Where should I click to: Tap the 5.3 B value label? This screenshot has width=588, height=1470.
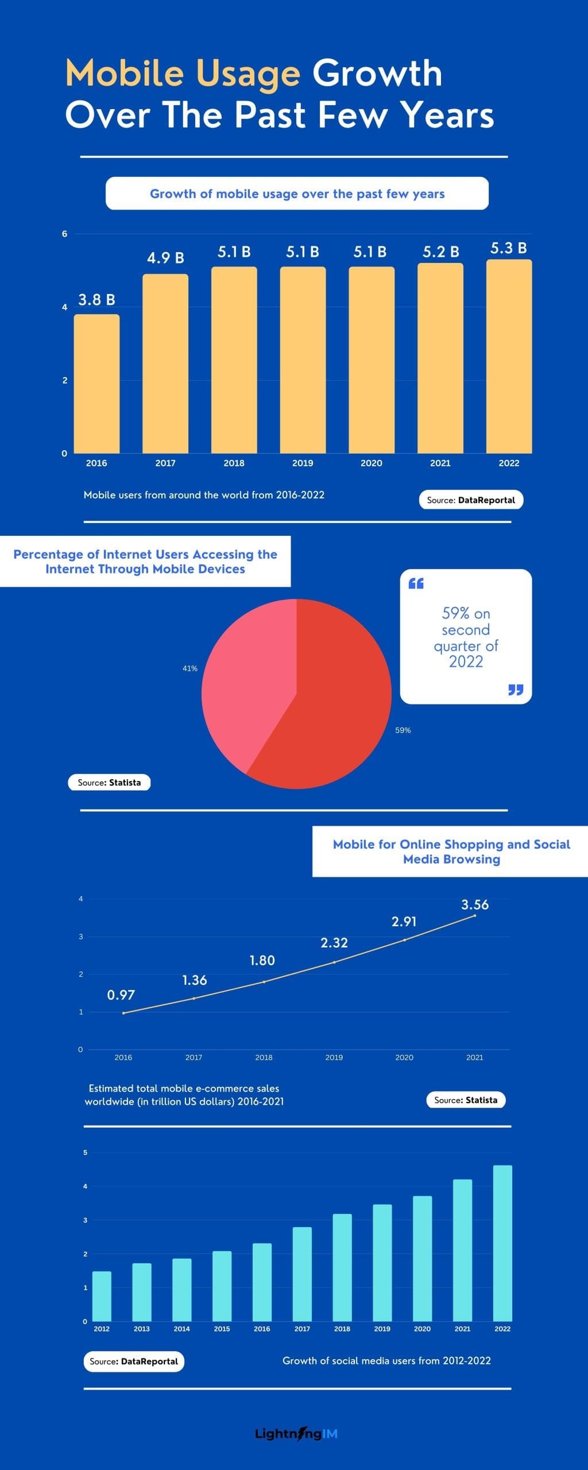click(508, 248)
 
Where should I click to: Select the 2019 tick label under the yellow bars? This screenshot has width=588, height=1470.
click(303, 463)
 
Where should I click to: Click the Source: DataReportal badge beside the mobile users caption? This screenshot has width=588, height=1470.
click(471, 500)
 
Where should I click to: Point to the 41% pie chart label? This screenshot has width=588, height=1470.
click(190, 668)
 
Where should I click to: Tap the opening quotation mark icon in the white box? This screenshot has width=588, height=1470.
click(416, 583)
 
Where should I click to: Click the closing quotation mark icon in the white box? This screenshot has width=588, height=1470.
click(516, 690)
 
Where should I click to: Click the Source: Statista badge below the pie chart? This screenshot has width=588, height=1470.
click(109, 782)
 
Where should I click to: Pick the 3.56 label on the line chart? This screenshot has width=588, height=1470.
click(475, 905)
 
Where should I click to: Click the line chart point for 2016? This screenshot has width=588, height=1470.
click(123, 1013)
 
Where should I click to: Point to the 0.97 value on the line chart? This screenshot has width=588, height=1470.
click(121, 995)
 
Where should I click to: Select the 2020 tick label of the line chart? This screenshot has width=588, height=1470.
click(404, 1057)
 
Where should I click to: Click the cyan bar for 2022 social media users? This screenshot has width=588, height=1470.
click(502, 1243)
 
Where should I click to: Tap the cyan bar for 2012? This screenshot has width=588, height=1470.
click(102, 1297)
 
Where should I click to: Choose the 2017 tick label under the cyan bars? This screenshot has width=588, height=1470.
click(302, 1329)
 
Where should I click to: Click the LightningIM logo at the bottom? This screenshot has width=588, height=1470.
click(296, 1434)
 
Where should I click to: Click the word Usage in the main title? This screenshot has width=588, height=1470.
click(248, 74)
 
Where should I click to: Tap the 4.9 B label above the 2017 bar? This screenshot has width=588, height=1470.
click(165, 258)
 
